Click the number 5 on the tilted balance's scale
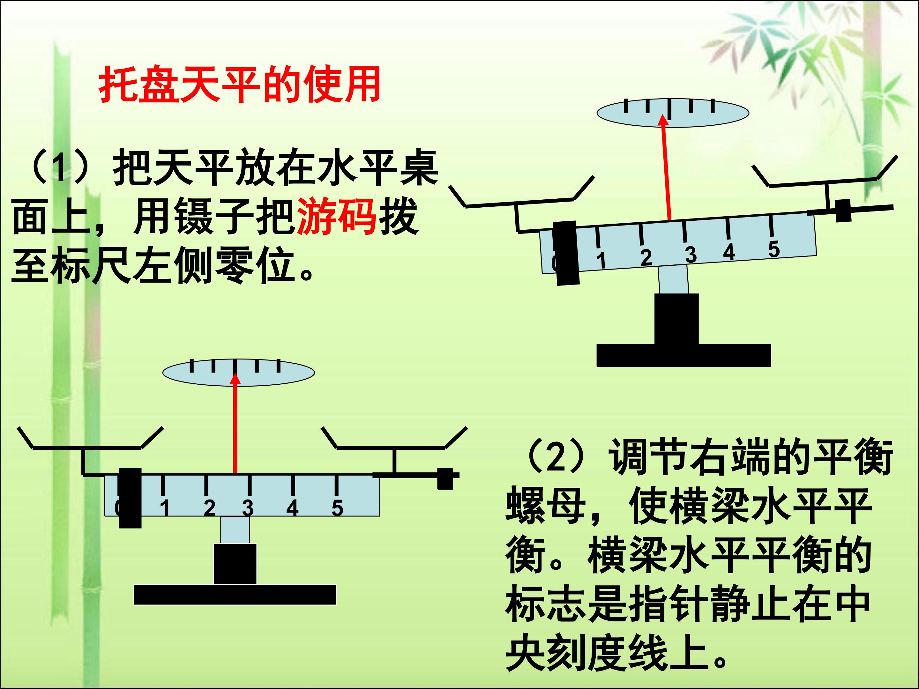773,249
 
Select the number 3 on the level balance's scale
248,507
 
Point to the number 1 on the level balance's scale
165,507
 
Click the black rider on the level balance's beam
130,498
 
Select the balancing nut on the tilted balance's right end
843,211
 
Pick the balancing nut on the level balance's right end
445,479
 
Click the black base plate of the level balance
235,595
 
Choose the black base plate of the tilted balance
684,356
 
